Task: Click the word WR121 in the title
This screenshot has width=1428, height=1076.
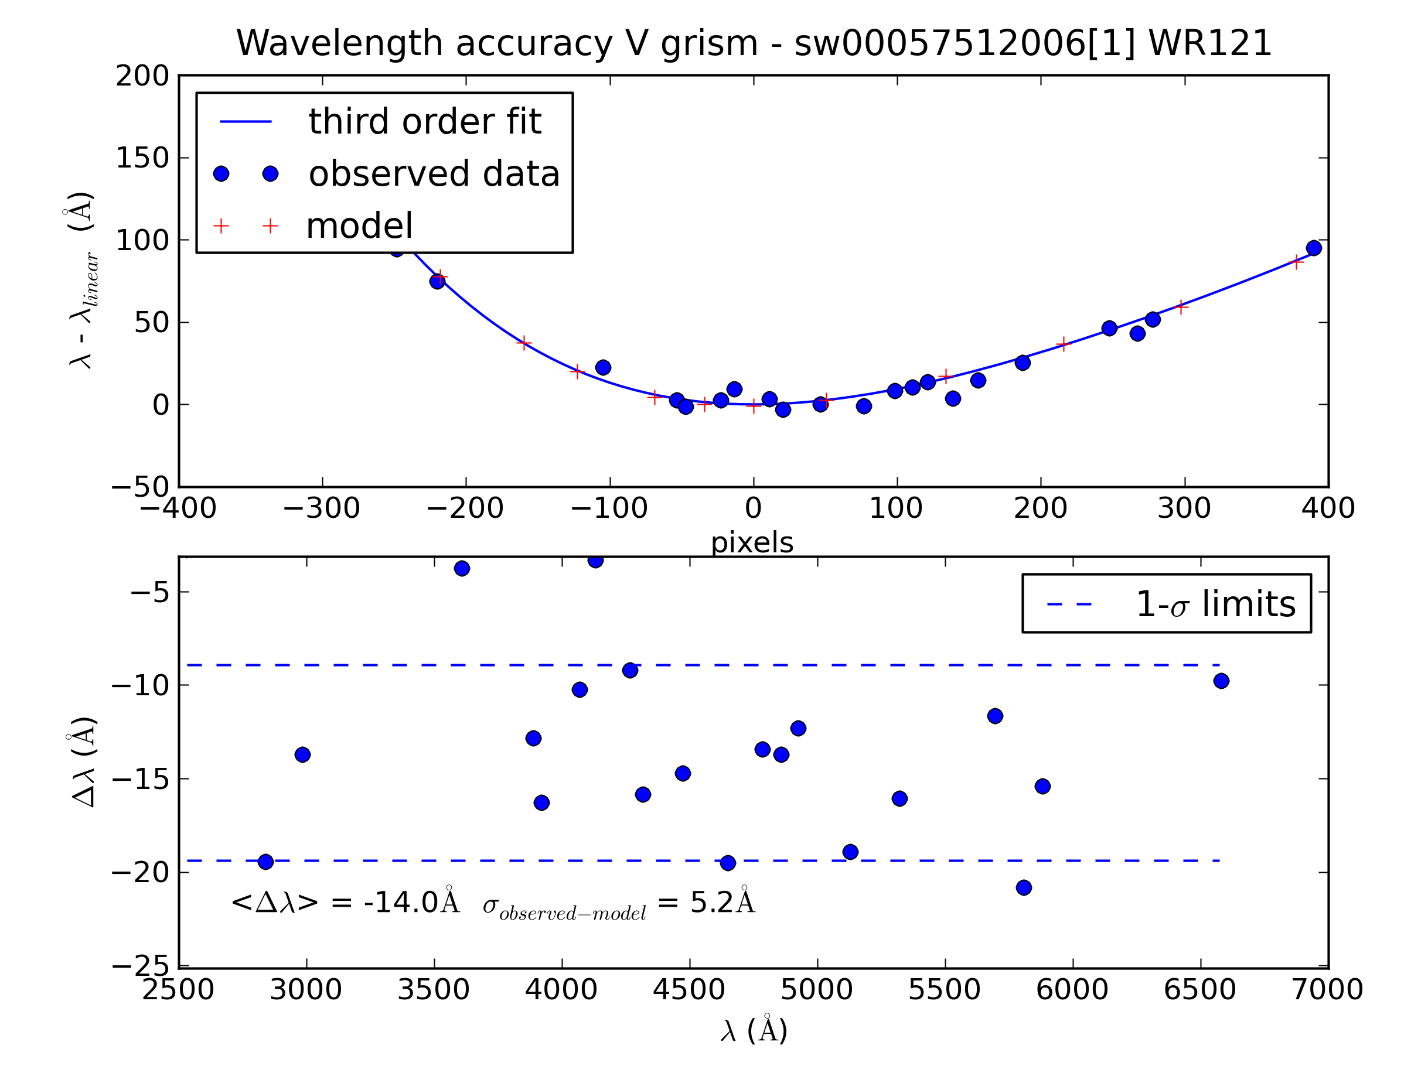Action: (1210, 44)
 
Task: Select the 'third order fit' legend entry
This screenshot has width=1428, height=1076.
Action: (425, 121)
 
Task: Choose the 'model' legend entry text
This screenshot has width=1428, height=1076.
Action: (359, 226)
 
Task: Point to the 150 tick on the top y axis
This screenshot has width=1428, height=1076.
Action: (142, 158)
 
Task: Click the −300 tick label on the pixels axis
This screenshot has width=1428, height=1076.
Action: (322, 508)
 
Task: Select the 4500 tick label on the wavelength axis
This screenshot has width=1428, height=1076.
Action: (689, 989)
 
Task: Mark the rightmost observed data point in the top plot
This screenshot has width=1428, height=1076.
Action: (1313, 248)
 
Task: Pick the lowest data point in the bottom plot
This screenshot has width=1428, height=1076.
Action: (1024, 887)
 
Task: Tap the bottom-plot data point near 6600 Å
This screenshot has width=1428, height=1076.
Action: (1221, 681)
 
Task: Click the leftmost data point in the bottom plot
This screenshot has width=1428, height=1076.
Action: (265, 862)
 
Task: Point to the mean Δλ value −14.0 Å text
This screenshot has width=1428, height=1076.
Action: (345, 903)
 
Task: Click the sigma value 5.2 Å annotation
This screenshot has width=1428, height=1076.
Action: (722, 903)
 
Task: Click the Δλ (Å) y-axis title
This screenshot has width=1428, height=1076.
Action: (83, 761)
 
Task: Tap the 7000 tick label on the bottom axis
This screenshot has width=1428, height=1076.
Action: (1327, 989)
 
